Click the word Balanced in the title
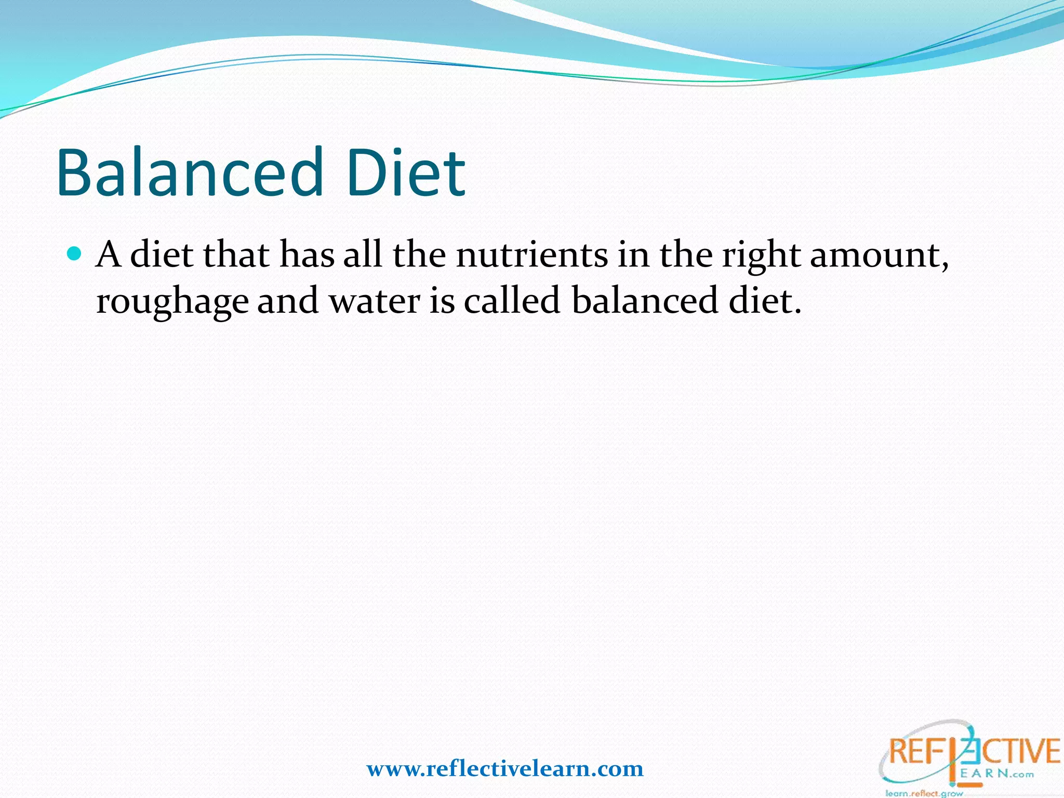190,172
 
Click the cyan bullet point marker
75,254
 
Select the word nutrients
532,256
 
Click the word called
512,300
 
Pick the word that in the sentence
236,255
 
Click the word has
307,255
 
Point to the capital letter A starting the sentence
109,255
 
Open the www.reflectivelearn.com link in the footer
505,769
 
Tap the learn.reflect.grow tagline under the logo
924,793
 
